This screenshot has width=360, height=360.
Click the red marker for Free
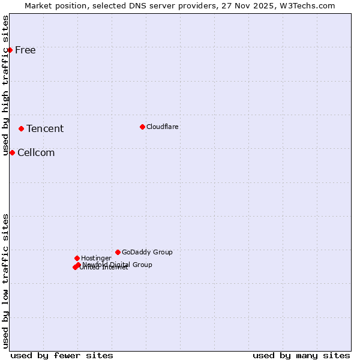[x=10, y=50]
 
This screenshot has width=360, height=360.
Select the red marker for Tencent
[x=21, y=128]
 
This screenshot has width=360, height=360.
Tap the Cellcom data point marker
[x=12, y=152]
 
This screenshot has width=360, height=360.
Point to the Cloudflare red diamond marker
[x=142, y=127]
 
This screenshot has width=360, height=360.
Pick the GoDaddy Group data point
[x=118, y=252]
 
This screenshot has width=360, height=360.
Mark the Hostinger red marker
[x=77, y=258]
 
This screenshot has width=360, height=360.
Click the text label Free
[x=25, y=50]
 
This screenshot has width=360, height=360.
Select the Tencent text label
[x=45, y=128]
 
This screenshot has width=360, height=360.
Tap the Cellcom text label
[x=36, y=152]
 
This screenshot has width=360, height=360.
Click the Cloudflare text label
[x=163, y=127]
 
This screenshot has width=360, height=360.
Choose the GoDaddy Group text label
[x=147, y=252]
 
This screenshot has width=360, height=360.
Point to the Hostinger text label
[x=96, y=258]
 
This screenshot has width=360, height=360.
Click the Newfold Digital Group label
[x=118, y=264]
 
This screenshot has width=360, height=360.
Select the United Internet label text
[x=104, y=268]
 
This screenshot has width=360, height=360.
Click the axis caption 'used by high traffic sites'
[x=6, y=85]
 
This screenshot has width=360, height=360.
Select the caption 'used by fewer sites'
[x=62, y=355]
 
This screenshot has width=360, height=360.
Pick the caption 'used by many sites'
[x=301, y=355]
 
